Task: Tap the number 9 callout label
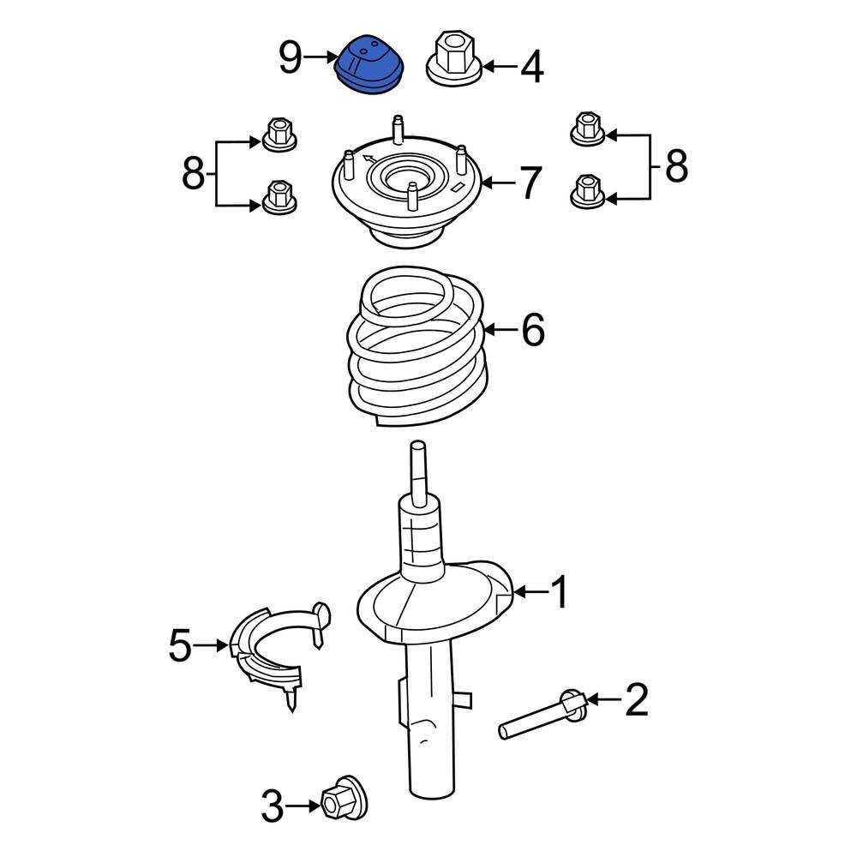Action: [291, 58]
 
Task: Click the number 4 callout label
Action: [531, 68]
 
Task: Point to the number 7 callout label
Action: [530, 183]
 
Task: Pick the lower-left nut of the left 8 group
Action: [279, 196]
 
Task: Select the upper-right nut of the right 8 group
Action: [587, 129]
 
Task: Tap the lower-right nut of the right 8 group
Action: [587, 190]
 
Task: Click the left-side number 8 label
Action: [194, 175]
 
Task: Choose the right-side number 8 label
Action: [676, 166]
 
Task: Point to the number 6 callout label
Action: [532, 330]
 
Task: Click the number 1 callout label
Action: [559, 593]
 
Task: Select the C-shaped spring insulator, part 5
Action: [274, 647]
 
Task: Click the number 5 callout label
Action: [180, 646]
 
